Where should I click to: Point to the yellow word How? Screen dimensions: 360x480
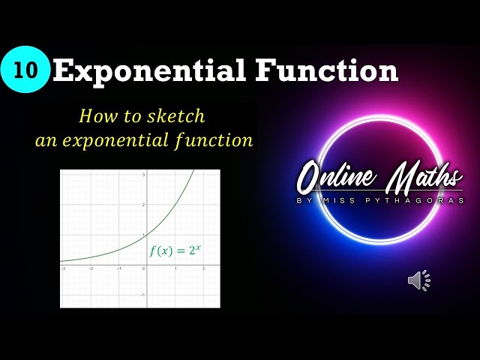coord(94,116)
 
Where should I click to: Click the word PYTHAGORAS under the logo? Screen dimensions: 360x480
coord(433,201)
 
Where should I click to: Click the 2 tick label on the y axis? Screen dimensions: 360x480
coord(143,205)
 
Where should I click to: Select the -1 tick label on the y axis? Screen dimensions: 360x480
coord(142,295)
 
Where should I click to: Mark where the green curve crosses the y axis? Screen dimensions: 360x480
coord(146,235)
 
